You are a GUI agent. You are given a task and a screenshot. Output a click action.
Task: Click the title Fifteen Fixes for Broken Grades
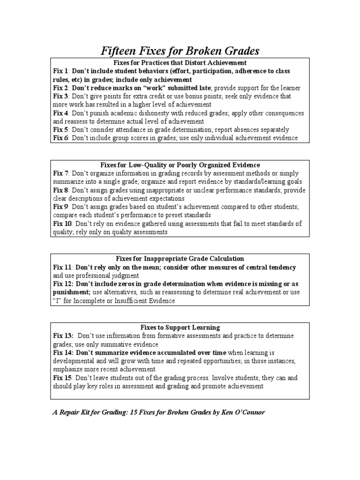pos(180,51)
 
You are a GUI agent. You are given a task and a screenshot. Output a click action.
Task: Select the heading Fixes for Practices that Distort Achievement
pos(180,62)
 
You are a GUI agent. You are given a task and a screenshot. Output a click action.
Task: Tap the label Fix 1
pos(60,71)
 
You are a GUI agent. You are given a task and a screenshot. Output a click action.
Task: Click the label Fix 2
pos(60,88)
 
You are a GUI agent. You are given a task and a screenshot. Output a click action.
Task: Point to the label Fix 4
pos(60,113)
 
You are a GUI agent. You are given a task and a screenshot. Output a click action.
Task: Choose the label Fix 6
pos(60,138)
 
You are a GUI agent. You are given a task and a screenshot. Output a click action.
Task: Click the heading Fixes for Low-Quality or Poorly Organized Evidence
pos(180,165)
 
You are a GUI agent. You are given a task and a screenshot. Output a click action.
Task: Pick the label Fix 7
pos(60,173)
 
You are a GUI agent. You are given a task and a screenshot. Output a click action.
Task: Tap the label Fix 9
pos(60,207)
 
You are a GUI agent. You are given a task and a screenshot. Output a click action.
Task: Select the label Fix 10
pos(62,224)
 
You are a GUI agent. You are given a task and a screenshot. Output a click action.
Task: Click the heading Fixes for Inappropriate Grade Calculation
pos(180,259)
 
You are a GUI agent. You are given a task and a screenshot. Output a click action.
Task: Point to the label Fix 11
pos(62,267)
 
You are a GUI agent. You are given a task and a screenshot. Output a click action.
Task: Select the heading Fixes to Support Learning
pos(180,327)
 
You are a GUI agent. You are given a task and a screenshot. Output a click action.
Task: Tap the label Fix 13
pos(63,336)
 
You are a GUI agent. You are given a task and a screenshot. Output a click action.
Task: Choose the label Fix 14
pos(63,352)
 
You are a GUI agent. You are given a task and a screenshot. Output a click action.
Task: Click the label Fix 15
pos(62,378)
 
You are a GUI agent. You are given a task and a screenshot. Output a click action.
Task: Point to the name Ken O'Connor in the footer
pos(244,412)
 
